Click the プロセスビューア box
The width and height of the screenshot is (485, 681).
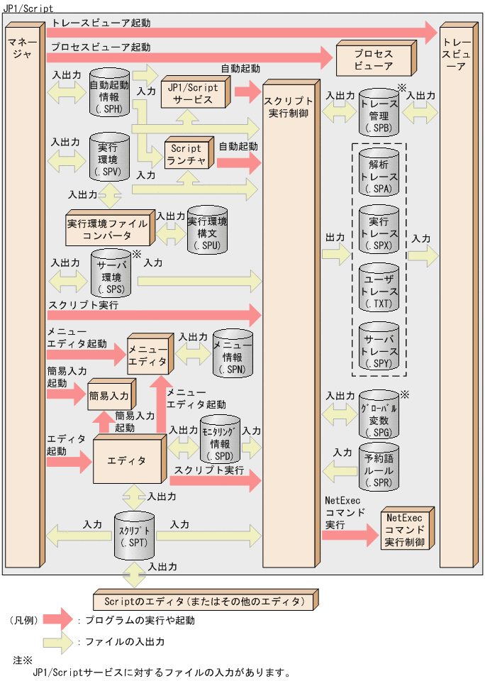tap(373, 59)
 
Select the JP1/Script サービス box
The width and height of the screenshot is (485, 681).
tap(193, 93)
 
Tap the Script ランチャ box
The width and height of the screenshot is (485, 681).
tap(186, 155)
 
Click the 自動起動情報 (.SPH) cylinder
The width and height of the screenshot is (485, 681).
tap(109, 92)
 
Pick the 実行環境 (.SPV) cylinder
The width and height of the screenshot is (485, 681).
tap(109, 158)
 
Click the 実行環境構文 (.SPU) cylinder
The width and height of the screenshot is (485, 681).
tap(207, 230)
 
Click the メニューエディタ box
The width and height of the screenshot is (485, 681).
tap(147, 354)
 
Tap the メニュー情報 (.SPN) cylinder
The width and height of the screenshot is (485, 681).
tap(233, 353)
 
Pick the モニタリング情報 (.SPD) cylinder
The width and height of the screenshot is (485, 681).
tap(219, 443)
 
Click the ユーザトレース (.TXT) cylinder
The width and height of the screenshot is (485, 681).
tap(379, 288)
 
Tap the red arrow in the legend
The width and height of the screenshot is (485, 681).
tap(60, 619)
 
